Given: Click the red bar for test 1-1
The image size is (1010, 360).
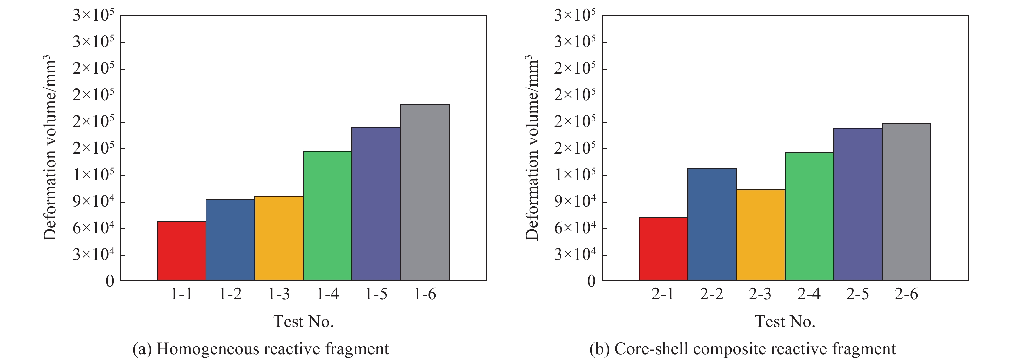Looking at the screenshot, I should [x=181, y=251].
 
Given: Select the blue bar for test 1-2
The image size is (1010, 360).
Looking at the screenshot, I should [x=230, y=240].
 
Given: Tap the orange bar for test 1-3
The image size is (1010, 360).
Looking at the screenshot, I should [x=279, y=238].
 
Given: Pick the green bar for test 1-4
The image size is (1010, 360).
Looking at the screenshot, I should [x=327, y=216].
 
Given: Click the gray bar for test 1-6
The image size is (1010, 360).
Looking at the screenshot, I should [x=425, y=192].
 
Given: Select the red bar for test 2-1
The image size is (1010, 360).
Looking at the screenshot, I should [x=663, y=249].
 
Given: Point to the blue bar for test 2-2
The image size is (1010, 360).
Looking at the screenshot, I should [x=711, y=224].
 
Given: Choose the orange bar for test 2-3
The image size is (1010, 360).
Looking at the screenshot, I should [x=760, y=235].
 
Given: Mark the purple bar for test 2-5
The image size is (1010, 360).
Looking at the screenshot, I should [x=857, y=204].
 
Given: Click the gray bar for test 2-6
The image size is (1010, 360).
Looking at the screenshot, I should [x=906, y=202].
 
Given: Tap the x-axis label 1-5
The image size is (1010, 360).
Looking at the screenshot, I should [x=376, y=294].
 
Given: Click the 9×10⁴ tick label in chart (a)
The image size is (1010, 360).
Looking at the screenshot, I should [x=93, y=202].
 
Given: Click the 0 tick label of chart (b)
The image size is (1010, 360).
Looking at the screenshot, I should [x=591, y=281].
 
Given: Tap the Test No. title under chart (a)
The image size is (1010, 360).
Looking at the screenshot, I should [x=303, y=322].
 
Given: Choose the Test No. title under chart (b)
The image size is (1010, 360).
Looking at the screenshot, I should [x=785, y=322].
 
